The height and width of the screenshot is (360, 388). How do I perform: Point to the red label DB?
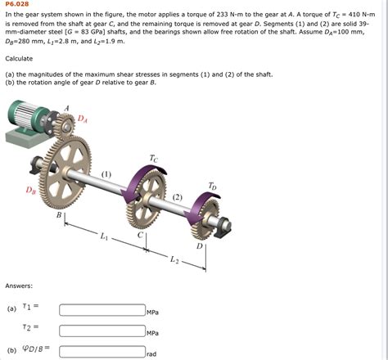[30, 191]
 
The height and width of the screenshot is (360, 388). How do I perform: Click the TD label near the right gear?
[212, 185]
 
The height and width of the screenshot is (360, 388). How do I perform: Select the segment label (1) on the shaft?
[106, 174]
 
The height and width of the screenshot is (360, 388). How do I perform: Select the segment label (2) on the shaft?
[178, 196]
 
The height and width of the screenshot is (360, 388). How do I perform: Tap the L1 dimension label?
[103, 237]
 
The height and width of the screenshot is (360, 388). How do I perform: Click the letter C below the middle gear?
[140, 235]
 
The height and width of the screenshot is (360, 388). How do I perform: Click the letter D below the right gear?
[199, 245]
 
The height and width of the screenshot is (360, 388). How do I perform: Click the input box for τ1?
[102, 310]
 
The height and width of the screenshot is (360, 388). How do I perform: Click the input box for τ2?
[102, 331]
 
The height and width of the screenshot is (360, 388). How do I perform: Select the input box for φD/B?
[102, 352]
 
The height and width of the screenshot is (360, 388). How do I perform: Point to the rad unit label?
[151, 354]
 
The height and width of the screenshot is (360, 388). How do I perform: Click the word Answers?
[19, 286]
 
